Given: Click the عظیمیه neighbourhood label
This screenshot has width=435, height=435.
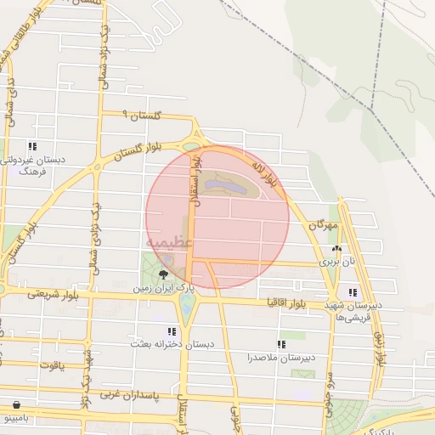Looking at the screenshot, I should tap(169, 243).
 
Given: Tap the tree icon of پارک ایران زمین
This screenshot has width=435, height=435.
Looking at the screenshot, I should tap(163, 274).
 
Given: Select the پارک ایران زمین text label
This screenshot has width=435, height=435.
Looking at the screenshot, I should tap(162, 289).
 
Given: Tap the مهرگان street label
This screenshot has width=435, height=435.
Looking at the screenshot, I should tap(323, 226).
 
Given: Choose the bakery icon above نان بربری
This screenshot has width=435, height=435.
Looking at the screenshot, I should tap(337, 249).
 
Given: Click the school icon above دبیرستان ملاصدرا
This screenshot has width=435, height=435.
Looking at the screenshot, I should tap(281, 344).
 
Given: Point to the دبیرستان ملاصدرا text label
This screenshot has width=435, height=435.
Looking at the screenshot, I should tap(281, 358).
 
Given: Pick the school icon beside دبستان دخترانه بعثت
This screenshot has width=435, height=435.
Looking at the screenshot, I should tap(172, 332).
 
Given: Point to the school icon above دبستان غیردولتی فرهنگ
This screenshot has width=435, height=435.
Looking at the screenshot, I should tap(32, 146).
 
